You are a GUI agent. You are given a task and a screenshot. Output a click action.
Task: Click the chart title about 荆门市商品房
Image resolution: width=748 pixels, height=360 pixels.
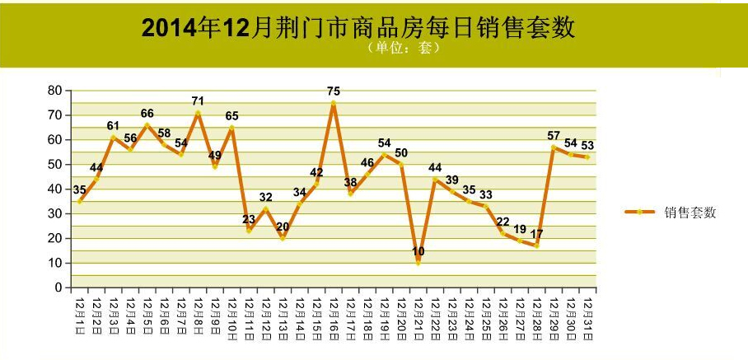[358, 29]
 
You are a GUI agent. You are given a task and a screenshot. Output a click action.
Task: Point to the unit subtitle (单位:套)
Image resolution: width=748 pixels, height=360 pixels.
[403, 48]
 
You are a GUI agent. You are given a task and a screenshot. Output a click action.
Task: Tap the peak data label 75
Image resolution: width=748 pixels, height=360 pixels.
[334, 91]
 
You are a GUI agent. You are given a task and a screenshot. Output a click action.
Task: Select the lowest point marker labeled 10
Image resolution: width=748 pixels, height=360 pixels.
[418, 263]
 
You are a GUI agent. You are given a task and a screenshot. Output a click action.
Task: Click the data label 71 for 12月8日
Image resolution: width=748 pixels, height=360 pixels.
[198, 101]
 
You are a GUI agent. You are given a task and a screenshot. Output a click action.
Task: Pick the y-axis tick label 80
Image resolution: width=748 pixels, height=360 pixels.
[55, 91]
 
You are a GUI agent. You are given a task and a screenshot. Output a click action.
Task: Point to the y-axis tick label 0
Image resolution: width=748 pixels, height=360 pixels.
[59, 288]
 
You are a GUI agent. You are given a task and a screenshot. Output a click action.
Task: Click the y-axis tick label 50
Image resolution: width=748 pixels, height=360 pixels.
[55, 165]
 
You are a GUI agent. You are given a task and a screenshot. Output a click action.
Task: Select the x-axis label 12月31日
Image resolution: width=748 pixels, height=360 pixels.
[587, 320]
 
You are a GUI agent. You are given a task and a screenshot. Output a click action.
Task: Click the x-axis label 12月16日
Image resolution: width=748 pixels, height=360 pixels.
[334, 320]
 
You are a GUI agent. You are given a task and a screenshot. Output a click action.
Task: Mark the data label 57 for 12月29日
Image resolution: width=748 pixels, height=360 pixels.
[554, 136]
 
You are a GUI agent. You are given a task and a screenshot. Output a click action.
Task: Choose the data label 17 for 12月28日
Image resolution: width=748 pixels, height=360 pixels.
[536, 234]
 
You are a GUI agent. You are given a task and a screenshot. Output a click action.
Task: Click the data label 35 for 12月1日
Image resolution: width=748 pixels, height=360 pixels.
[80, 189]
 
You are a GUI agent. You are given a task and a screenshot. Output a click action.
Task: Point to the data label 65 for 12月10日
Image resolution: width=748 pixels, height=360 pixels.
[231, 116]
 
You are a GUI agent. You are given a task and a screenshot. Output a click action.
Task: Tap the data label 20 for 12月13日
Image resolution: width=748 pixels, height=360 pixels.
[283, 227]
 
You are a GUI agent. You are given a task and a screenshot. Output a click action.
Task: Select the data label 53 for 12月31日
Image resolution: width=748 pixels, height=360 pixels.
[587, 146]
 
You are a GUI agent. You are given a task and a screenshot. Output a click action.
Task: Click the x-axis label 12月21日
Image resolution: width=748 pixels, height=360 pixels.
[418, 320]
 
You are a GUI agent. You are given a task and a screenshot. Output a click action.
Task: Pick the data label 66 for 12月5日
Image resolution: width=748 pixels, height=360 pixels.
[147, 114]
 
